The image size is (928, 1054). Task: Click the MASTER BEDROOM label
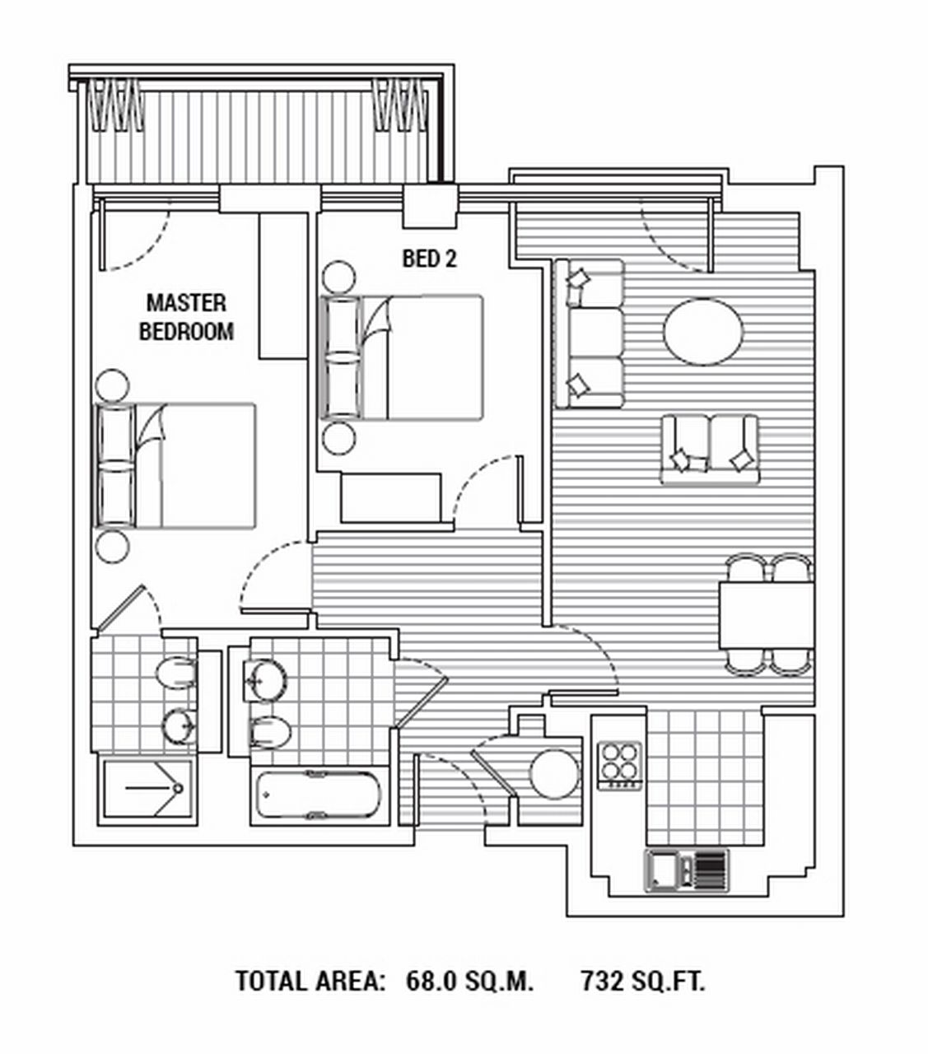click(x=186, y=317)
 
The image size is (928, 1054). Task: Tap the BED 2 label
click(x=429, y=259)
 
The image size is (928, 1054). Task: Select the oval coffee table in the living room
click(x=703, y=331)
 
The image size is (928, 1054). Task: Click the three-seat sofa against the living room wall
click(x=589, y=333)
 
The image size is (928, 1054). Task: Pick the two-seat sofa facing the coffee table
click(x=709, y=450)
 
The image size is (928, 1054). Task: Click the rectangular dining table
click(x=767, y=615)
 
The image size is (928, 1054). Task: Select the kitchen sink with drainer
click(x=686, y=871)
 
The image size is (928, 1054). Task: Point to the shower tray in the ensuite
click(x=147, y=790)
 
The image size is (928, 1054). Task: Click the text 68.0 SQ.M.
click(x=470, y=981)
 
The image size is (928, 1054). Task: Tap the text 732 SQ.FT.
click(x=643, y=981)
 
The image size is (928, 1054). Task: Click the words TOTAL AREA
click(x=310, y=981)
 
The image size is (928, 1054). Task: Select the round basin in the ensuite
click(x=179, y=725)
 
